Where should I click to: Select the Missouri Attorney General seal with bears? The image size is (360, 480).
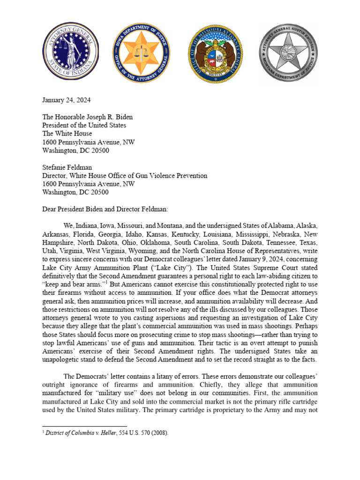215,52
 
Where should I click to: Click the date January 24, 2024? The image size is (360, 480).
67,100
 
